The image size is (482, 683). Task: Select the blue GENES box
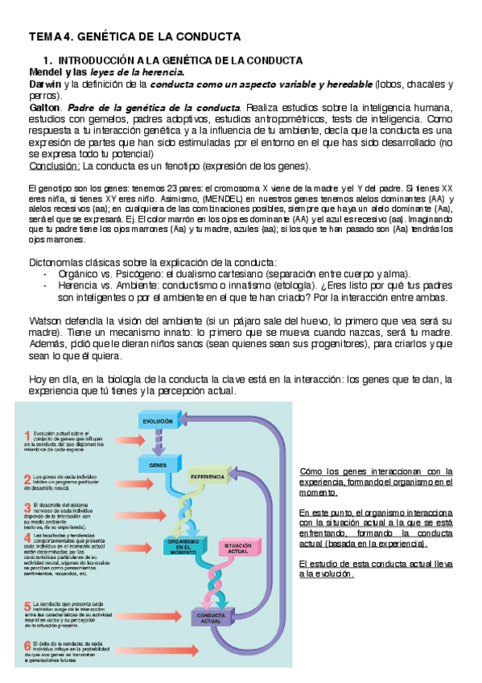click(158, 465)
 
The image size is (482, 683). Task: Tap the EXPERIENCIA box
click(208, 477)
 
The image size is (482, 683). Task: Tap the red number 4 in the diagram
click(28, 537)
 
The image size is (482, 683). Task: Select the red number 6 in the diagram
click(28, 645)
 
